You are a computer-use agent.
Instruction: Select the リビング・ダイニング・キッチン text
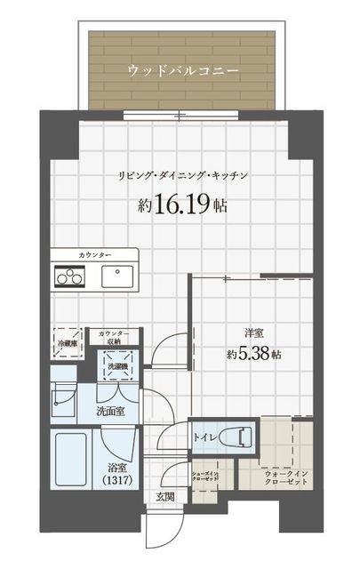181,175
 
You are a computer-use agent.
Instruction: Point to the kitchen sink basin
117,276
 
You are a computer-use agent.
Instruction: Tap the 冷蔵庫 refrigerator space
68,341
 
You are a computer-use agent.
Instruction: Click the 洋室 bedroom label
254,333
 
